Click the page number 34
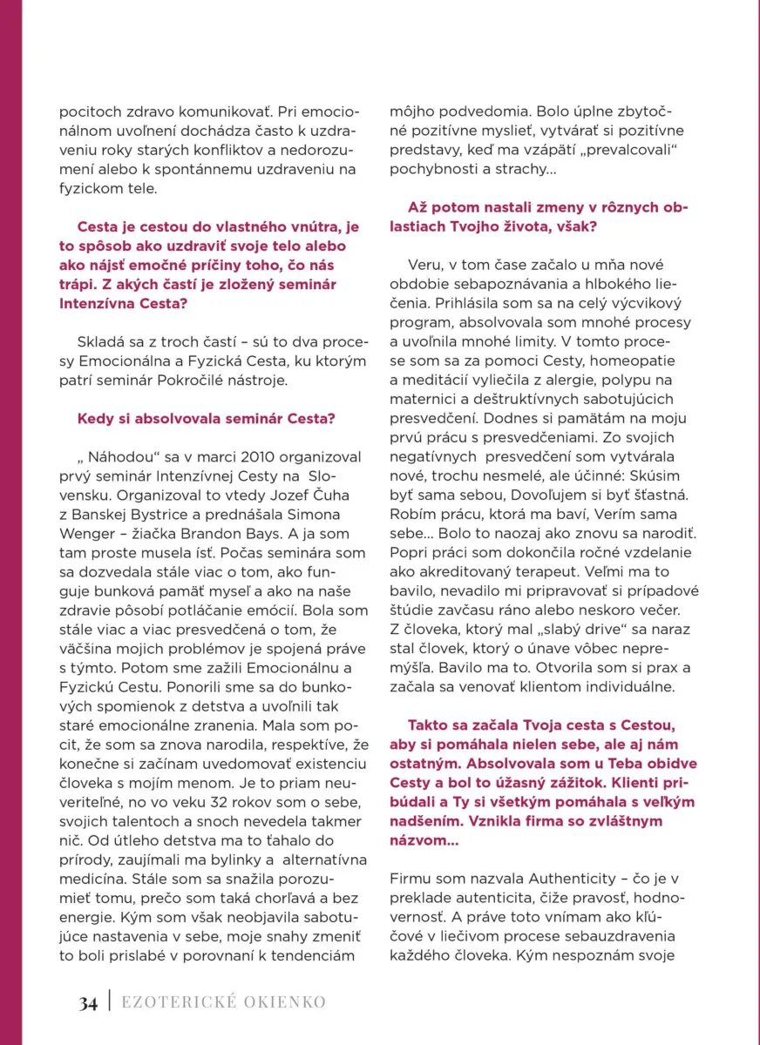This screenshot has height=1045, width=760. click(87, 1002)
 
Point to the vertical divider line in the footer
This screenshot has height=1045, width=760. click(110, 1002)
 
